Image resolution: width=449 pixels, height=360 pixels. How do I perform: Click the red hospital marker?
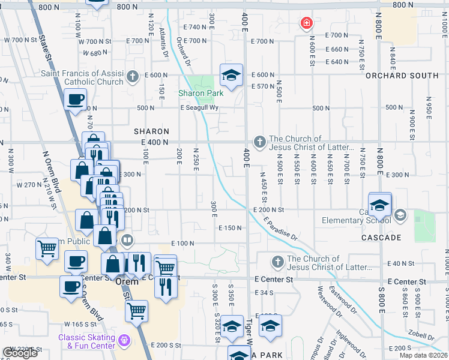coord(306,23)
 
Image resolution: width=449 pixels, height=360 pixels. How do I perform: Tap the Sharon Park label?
coord(201,93)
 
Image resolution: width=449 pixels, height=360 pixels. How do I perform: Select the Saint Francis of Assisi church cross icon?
coord(133,76)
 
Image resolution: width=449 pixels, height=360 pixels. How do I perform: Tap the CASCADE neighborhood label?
coord(381,238)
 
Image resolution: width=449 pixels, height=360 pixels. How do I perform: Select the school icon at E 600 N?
coord(231,76)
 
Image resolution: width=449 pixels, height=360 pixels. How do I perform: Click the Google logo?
coord(20,353)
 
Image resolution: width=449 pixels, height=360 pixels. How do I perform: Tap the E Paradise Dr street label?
coord(280,227)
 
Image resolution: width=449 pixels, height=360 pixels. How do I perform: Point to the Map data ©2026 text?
coord(423,355)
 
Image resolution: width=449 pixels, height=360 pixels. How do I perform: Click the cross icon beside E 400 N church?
coord(259,142)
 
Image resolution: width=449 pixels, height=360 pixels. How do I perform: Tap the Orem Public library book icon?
coord(127,241)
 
